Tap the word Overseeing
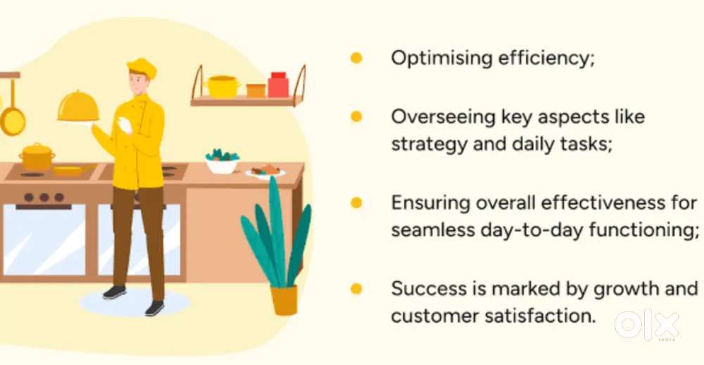coord(443,117)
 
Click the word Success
coord(429,288)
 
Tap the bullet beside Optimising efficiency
coord(356,58)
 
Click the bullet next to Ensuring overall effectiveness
coord(356,203)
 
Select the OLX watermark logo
coord(647,325)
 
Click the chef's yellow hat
coord(142,68)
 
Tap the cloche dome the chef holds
coord(78,106)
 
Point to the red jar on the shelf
coord(278,85)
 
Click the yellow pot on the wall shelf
coord(222,87)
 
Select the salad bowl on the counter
coord(222,162)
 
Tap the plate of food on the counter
coord(265,172)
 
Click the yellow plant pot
coord(284,300)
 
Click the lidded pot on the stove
coord(37,157)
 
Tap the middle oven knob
coord(44,198)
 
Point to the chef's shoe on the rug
coord(115,292)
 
